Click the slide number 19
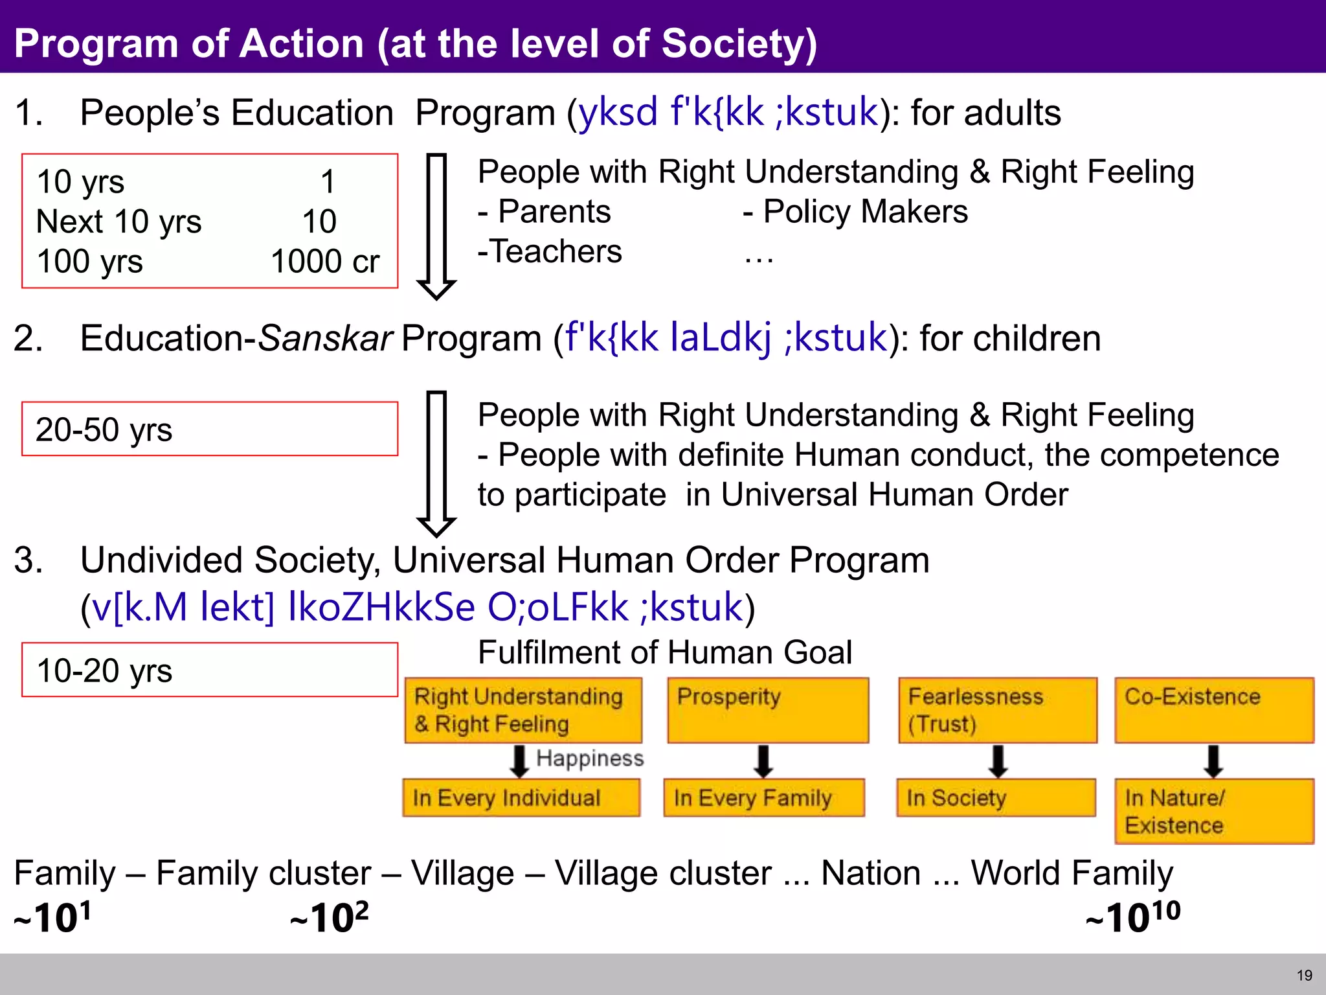(x=1304, y=975)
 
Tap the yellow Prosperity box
(x=767, y=710)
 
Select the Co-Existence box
(x=1213, y=710)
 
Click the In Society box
(x=996, y=797)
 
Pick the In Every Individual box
(x=521, y=797)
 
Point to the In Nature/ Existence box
(x=1213, y=811)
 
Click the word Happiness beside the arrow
(x=590, y=758)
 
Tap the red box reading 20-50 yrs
(x=209, y=429)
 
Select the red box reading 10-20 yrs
(x=209, y=670)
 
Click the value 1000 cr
(x=324, y=262)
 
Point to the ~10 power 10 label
(x=1133, y=917)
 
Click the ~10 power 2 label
(x=330, y=917)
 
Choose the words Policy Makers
(x=865, y=212)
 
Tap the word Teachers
(x=556, y=251)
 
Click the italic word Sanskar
(x=324, y=339)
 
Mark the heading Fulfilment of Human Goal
(x=664, y=652)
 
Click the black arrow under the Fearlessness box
(x=998, y=761)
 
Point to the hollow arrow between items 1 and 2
(x=436, y=227)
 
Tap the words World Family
(x=1072, y=873)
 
